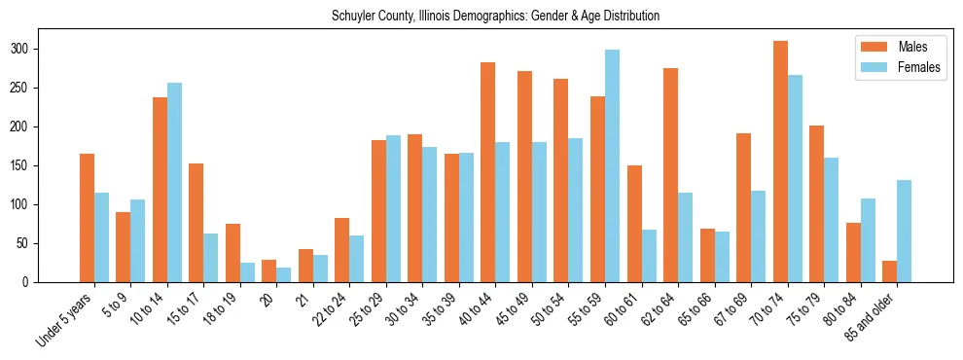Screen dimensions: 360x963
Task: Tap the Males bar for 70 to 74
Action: click(x=780, y=162)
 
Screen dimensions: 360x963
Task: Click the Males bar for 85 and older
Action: click(x=889, y=271)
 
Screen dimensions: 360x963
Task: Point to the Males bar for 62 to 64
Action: click(x=670, y=175)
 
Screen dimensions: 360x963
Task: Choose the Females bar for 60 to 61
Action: click(x=649, y=256)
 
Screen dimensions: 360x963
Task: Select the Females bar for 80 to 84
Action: click(x=868, y=240)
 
